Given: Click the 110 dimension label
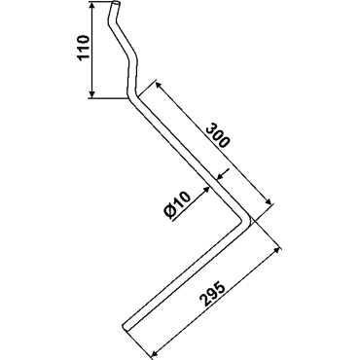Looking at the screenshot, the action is coord(83,48).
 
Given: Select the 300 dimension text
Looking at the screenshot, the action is coord(218,135).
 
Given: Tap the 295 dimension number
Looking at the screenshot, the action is coord(212,296).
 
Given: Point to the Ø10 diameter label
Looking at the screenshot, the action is coord(177,206).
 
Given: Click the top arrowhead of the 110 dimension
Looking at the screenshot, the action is coord(92,6).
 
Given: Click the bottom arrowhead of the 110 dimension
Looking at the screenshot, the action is coord(92,93).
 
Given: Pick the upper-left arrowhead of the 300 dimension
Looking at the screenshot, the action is coord(159,85).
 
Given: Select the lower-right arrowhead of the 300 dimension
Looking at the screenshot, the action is coord(268,201).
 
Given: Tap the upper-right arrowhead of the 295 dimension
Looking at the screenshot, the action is coord(276,251).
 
